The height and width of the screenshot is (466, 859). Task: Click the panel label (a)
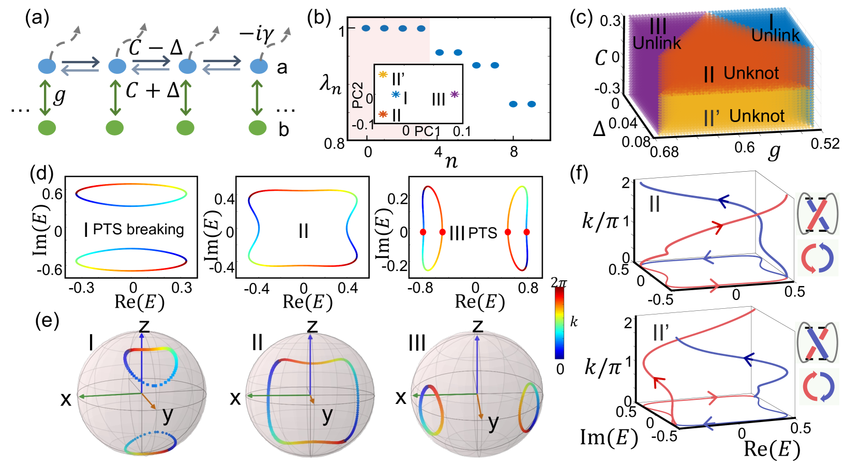click(37, 18)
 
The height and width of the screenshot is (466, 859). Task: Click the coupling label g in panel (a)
click(60, 96)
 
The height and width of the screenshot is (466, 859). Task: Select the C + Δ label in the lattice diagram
click(153, 91)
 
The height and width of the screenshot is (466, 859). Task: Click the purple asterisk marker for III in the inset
click(454, 94)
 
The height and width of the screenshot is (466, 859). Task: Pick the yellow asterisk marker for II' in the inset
click(383, 74)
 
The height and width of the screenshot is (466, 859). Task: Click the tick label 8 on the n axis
click(514, 152)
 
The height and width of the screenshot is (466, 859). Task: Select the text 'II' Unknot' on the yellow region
click(745, 117)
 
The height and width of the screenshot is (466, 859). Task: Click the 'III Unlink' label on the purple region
click(657, 34)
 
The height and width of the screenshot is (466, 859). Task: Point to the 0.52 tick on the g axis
click(825, 143)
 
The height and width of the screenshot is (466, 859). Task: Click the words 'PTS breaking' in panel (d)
click(138, 229)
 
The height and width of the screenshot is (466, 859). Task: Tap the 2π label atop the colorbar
click(559, 282)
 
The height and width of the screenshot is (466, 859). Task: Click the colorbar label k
click(574, 322)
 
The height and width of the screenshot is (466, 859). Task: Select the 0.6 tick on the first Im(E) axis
click(52, 194)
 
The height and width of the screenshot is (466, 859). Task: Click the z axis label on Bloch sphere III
click(477, 326)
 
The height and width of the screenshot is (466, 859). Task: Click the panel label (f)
click(579, 173)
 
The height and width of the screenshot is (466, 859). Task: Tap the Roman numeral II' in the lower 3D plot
click(661, 332)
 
